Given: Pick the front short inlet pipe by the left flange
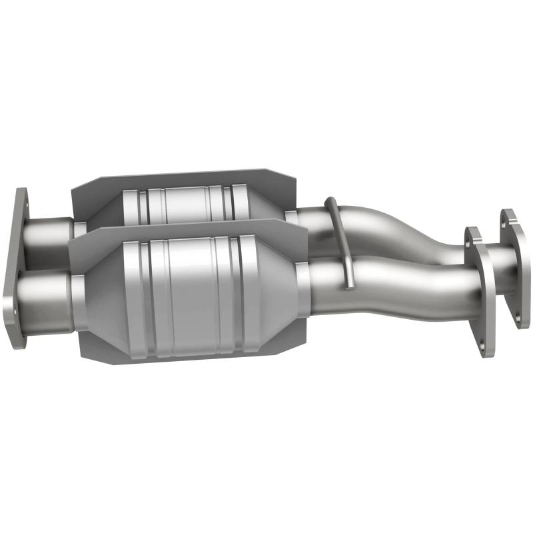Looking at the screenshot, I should point(47,293).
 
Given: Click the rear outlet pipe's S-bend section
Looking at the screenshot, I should point(406,230).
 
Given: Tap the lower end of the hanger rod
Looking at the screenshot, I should point(348,285).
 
